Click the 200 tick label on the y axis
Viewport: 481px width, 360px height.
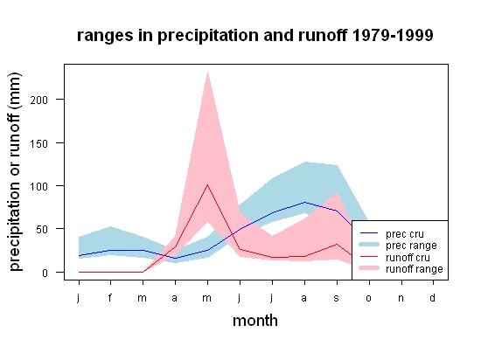(39, 100)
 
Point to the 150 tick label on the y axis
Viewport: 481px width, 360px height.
(39, 143)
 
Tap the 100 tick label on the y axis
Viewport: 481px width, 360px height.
(39, 186)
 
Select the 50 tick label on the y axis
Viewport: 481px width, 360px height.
(42, 230)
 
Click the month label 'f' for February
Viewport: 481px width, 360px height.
(110, 297)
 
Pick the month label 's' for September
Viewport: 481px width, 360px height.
(337, 298)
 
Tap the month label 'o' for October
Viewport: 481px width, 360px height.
(369, 298)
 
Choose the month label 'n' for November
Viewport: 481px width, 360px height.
(401, 298)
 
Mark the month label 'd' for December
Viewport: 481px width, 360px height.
(433, 297)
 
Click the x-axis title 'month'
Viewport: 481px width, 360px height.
(255, 321)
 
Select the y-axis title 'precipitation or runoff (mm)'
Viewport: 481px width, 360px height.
(15, 172)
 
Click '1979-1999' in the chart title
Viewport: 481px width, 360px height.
(393, 35)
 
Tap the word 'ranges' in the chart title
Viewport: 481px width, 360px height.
(105, 36)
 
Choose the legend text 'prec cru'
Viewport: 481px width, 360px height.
(405, 234)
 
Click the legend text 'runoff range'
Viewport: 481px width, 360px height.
(415, 269)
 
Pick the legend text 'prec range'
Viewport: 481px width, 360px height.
(411, 246)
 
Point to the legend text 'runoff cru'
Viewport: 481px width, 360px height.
(408, 258)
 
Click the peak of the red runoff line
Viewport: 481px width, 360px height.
(207, 184)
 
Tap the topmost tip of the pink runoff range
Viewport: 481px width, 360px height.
(207, 72)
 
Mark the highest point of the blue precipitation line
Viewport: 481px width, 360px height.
(304, 202)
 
